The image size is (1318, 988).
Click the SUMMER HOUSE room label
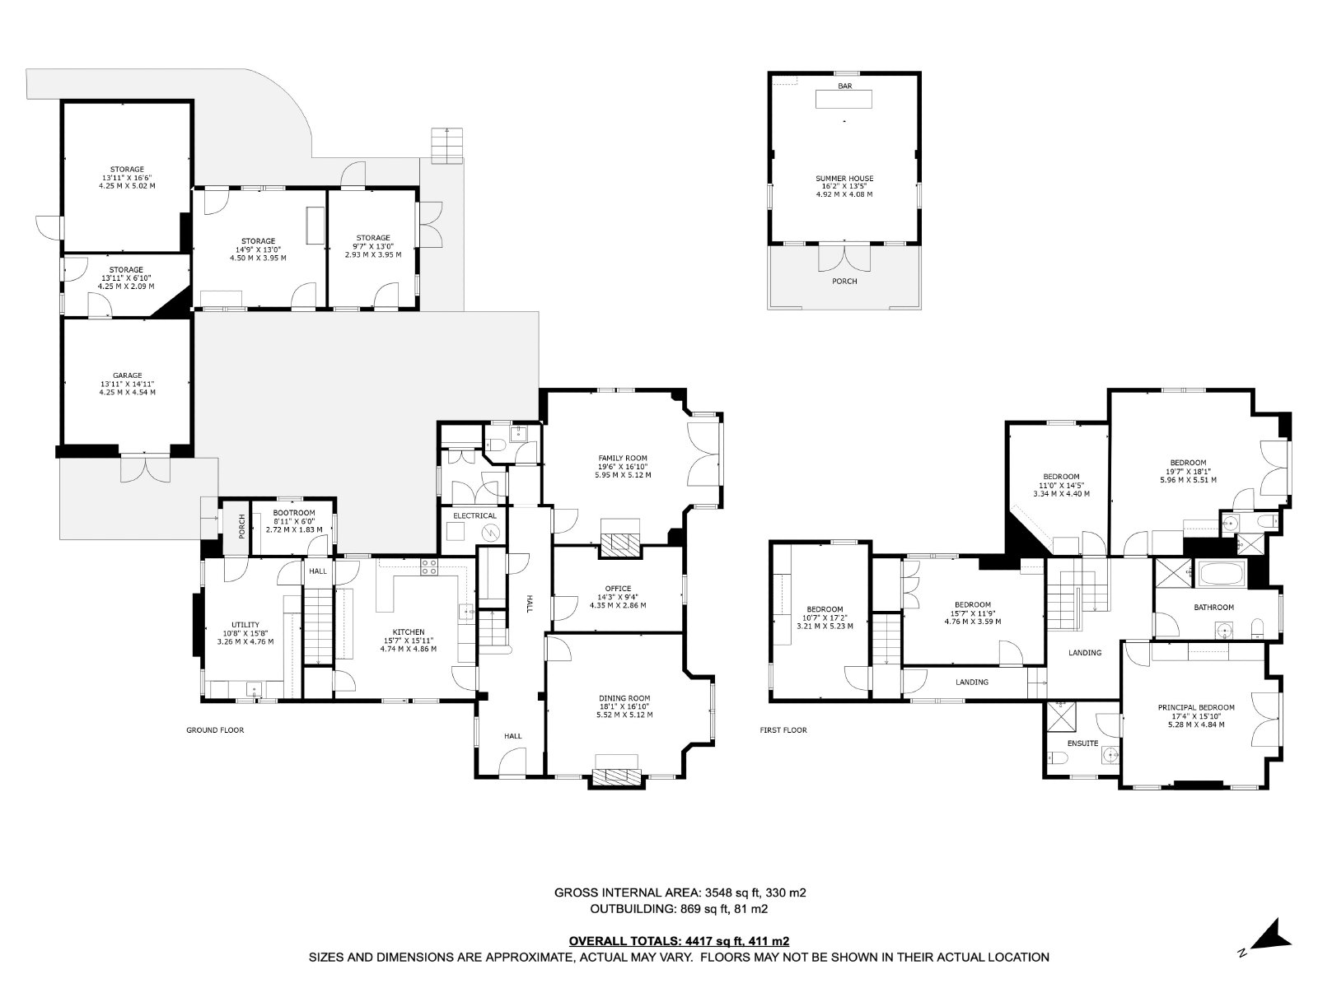coord(844,178)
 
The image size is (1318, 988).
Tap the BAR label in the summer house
coord(844,86)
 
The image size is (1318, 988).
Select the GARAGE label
coord(128,375)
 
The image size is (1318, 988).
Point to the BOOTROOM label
coord(293,513)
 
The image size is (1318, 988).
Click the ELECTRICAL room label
coord(474,516)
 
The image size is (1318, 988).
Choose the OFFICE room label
coord(618,589)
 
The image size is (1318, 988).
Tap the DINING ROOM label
coord(624,698)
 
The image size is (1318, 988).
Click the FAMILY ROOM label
coord(623,459)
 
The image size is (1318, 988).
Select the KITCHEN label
coord(409,631)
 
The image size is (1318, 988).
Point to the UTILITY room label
coord(245,624)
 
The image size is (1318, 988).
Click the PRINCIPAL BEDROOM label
coord(1195,707)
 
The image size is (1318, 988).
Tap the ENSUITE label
coord(1082,743)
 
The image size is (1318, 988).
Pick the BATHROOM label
coord(1213,607)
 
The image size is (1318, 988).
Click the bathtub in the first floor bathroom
coord(1222,574)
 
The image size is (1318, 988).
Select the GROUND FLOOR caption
coord(215,730)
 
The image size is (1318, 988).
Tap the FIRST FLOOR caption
coord(783,730)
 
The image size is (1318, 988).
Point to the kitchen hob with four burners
coord(428,567)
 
